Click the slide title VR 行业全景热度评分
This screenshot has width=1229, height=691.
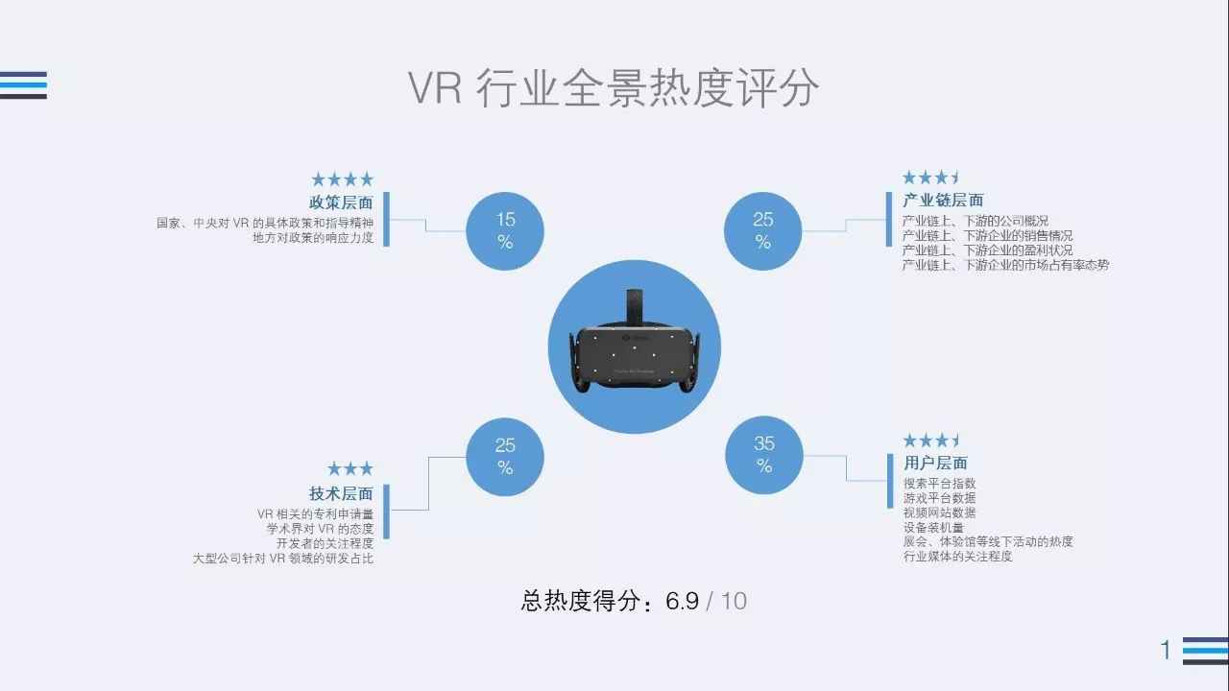(x=614, y=87)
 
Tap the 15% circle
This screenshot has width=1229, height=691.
(x=505, y=231)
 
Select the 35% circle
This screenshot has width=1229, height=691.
(x=763, y=455)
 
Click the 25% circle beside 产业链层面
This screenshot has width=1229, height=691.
(x=762, y=231)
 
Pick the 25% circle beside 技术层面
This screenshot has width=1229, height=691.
(x=505, y=457)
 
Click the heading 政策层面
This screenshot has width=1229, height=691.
(x=341, y=203)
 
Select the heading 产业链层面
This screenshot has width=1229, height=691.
(x=943, y=201)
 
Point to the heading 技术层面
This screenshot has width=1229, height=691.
(x=341, y=493)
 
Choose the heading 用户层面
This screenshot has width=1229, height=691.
(x=935, y=463)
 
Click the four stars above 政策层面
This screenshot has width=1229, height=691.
(x=343, y=179)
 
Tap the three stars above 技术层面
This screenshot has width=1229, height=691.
(x=350, y=469)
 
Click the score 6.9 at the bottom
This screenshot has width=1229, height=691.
(x=682, y=601)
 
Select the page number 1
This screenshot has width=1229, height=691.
(x=1166, y=650)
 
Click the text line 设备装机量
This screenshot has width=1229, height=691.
(x=933, y=528)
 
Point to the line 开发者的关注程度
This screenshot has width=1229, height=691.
(x=325, y=543)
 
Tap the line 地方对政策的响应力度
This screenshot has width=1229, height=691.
(x=313, y=238)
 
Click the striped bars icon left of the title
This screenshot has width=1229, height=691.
(x=23, y=85)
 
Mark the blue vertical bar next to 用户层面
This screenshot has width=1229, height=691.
(x=890, y=481)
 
